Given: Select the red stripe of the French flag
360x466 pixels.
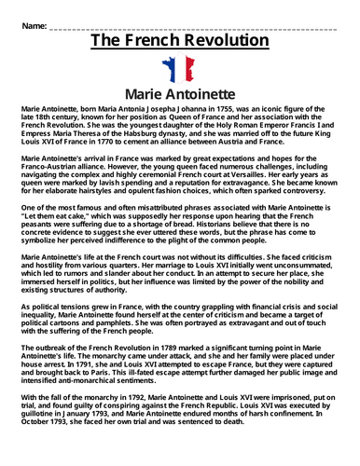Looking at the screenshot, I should tap(190, 69).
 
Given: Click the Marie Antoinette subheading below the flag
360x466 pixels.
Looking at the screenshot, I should tap(179, 94).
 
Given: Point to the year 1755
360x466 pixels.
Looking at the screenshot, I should tap(213, 109).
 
